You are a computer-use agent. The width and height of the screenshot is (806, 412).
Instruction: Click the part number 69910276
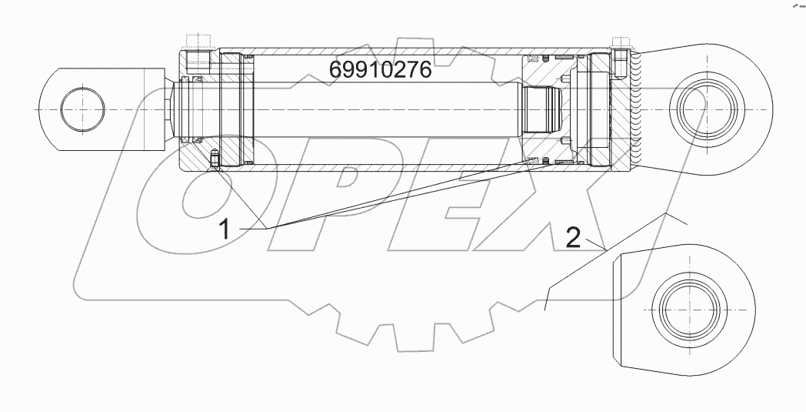point(381,71)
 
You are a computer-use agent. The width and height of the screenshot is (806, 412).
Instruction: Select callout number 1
point(225,229)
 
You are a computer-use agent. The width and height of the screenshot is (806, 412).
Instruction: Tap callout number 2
point(573,238)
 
